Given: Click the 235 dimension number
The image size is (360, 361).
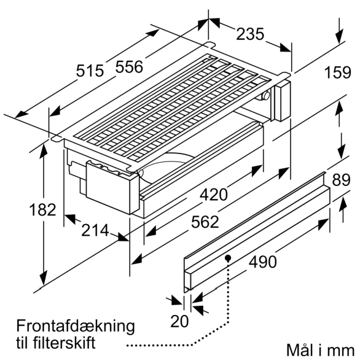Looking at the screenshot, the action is click(x=250, y=34).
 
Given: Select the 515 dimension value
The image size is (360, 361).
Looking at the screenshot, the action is click(x=90, y=71).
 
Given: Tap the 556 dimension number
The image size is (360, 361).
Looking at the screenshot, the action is click(x=129, y=67).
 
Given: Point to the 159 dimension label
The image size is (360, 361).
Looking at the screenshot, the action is click(x=338, y=72).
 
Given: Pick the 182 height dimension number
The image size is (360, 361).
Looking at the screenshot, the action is click(x=43, y=210).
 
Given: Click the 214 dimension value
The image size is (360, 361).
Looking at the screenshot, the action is click(x=95, y=230).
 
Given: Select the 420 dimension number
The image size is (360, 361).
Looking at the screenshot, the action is click(x=214, y=195).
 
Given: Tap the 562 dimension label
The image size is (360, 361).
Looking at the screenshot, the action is click(x=205, y=222).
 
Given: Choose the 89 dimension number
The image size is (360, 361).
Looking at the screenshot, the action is click(x=341, y=180).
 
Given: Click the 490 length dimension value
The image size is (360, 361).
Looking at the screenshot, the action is click(x=262, y=262).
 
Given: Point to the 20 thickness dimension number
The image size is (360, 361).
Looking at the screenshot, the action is click(x=179, y=321).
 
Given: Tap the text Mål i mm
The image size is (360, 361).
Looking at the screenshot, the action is click(x=321, y=351).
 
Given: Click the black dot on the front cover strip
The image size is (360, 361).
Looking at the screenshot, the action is click(x=228, y=257).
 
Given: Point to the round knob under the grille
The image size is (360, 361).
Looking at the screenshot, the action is click(x=266, y=96).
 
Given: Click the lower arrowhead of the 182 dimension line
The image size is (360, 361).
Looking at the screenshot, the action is click(x=44, y=278).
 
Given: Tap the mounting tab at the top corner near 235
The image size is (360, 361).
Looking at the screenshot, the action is click(x=209, y=44).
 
